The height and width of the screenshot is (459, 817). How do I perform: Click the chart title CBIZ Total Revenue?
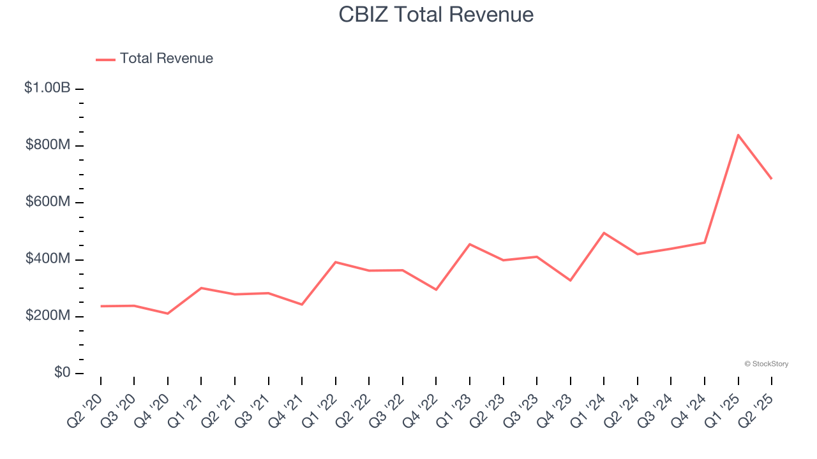(436, 14)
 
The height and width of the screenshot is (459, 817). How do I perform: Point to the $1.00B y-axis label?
(47, 88)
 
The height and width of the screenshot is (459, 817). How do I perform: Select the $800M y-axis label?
(48, 145)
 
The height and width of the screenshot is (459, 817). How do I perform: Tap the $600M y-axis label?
(48, 202)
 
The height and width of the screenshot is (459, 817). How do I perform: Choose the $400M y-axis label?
(48, 259)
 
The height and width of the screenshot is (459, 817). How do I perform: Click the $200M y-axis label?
(48, 316)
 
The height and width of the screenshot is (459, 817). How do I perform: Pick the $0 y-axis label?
(61, 373)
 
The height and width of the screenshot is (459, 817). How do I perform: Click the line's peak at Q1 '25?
(738, 135)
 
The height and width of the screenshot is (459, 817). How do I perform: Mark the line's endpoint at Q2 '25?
(772, 178)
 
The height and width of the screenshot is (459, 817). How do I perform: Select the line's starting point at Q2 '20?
(101, 306)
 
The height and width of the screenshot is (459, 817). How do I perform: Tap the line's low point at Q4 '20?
(168, 314)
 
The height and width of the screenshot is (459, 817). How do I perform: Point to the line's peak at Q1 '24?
(604, 233)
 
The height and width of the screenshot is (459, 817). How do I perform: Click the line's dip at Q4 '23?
(570, 280)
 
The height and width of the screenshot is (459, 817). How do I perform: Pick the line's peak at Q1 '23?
(470, 244)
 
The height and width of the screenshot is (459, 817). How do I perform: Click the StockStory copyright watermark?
(766, 364)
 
